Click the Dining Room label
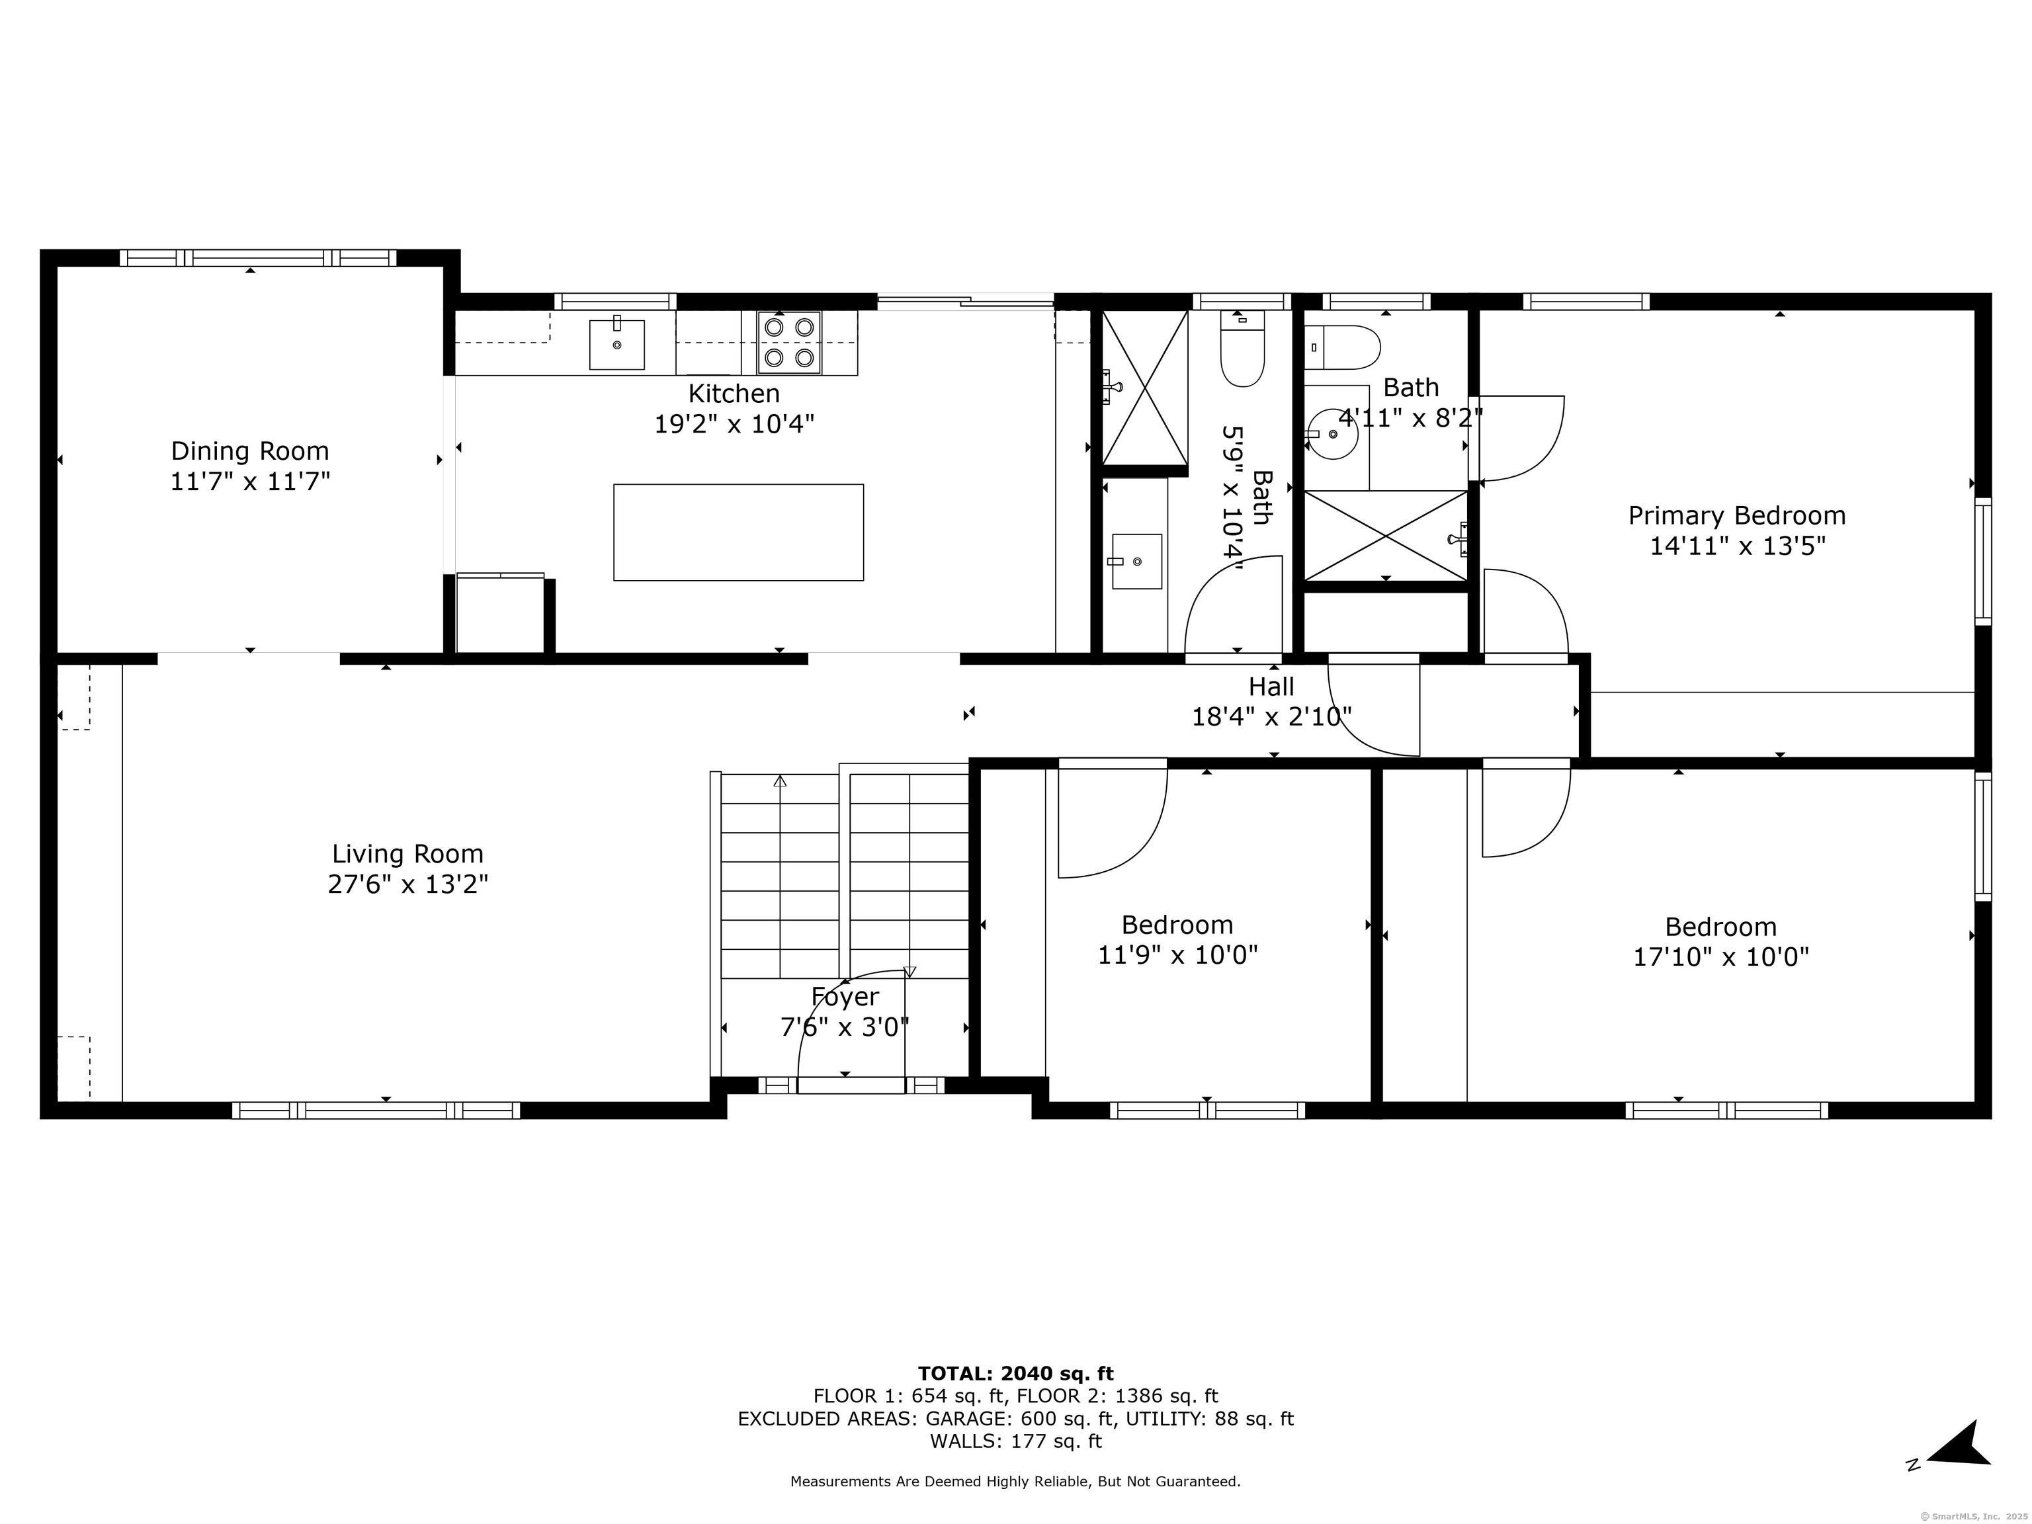pos(250,451)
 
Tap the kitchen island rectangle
pos(739,532)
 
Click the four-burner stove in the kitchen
pos(789,342)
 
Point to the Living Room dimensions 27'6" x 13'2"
pos(408,884)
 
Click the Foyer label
pos(845,997)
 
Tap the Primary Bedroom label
pos(1737,516)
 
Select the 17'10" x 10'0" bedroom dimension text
pos(1720,957)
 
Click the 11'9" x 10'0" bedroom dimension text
pos(1177,955)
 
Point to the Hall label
pos(1271,686)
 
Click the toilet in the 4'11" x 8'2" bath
pos(1342,347)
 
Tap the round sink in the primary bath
pos(1332,435)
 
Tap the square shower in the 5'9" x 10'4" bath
pos(1144,388)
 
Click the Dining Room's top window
pos(258,258)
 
